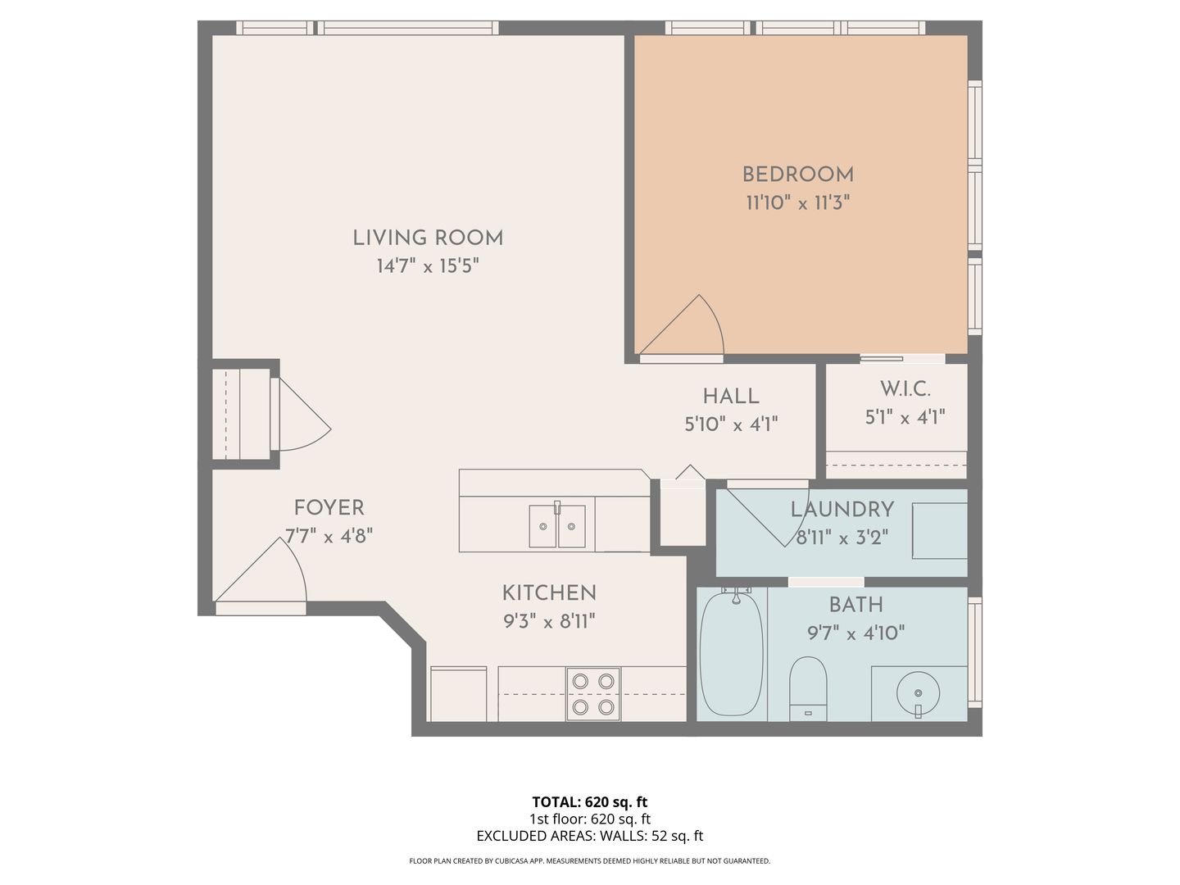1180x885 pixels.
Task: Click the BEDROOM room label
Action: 797,175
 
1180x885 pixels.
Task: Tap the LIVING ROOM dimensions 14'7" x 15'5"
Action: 428,266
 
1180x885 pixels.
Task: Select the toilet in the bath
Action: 807,688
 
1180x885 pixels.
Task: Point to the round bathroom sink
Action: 919,693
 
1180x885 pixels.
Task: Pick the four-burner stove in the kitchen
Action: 593,694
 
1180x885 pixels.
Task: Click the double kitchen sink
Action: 557,525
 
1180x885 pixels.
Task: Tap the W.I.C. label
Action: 905,389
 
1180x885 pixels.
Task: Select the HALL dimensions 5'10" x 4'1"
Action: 731,425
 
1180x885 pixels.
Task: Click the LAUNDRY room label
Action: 842,510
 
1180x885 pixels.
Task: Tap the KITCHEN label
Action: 549,593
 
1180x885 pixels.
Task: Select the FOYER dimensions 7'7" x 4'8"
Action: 329,536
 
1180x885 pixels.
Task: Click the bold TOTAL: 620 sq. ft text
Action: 590,802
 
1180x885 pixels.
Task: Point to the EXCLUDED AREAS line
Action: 590,836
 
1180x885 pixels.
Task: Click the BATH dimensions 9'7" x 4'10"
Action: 856,633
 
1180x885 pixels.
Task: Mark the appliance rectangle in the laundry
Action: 940,531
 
